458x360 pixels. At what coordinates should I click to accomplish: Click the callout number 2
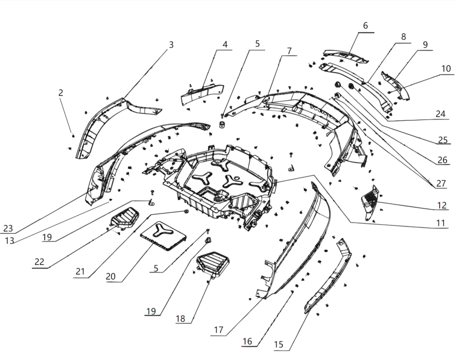pos(61,93)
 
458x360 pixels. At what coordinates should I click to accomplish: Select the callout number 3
pos(171,45)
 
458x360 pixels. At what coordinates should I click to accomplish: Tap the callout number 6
pos(365,26)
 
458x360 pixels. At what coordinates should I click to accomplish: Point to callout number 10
pos(446,69)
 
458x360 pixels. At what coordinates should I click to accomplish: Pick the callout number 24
pos(440,114)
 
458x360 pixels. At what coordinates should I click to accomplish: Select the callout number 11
pos(441,223)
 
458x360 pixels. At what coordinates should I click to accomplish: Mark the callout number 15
pos(279,345)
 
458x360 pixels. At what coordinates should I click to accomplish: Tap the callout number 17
pos(218,330)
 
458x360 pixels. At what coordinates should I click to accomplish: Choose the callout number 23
pos(8,228)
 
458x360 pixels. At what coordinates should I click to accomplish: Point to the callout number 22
pos(39,262)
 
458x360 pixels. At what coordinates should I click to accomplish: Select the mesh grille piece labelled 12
pos(370,201)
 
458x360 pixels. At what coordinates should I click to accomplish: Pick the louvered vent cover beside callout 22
pos(125,218)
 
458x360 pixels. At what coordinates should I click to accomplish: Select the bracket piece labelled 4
pos(202,93)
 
